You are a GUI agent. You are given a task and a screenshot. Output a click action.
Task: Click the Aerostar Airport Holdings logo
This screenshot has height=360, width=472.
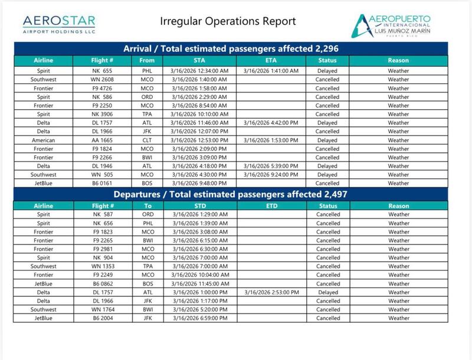pyautogui.click(x=59, y=24)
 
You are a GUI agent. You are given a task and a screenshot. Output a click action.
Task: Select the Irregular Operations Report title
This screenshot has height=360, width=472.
pyautogui.click(x=228, y=22)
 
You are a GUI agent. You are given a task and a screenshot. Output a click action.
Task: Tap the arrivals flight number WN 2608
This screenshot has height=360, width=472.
pyautogui.click(x=103, y=80)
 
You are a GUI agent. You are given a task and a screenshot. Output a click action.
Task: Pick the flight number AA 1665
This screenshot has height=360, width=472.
pyautogui.click(x=103, y=140)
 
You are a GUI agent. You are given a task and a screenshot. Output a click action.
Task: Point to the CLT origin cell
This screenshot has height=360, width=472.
pyautogui.click(x=147, y=140)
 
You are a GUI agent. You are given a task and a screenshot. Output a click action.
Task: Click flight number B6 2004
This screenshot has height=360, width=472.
pyautogui.click(x=103, y=318)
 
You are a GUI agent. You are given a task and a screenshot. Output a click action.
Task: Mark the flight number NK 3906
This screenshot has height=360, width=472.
pyautogui.click(x=103, y=114)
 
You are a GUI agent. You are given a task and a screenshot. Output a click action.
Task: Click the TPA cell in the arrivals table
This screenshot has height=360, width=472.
pyautogui.click(x=147, y=114)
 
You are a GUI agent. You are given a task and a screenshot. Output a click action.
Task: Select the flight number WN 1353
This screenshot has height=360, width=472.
pyautogui.click(x=103, y=266)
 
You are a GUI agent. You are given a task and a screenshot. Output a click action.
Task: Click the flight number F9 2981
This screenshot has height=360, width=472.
pyautogui.click(x=103, y=249)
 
